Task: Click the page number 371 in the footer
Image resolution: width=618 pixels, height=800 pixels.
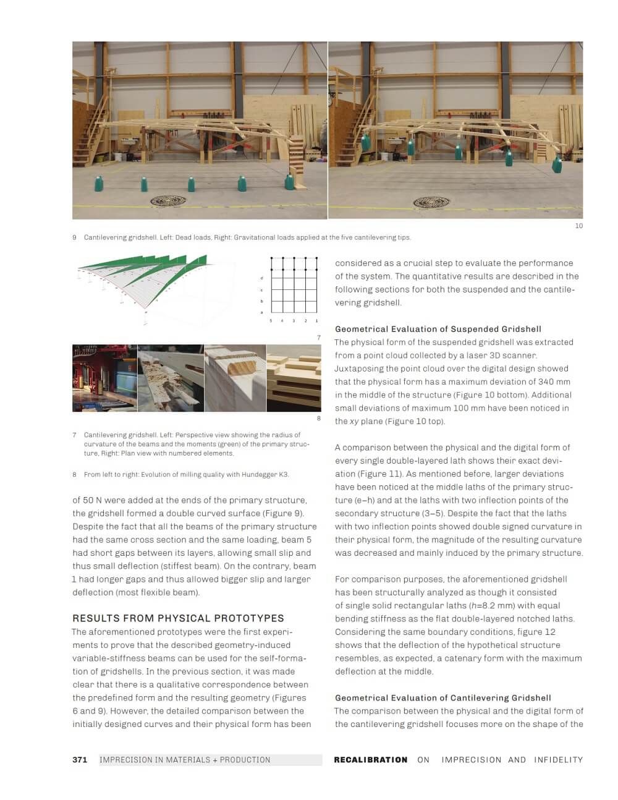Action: point(80,760)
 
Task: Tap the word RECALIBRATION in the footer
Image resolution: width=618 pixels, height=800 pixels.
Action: point(370,760)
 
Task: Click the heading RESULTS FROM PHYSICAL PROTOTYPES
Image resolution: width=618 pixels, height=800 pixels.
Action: point(178,618)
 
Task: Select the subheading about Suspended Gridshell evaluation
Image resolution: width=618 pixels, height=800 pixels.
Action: point(438,329)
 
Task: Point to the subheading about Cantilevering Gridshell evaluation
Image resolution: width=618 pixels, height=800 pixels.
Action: point(442,697)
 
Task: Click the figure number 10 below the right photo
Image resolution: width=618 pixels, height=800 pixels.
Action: point(578,226)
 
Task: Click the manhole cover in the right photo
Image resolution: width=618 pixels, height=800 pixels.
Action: point(431,202)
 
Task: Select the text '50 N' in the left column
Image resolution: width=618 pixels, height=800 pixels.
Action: point(93,500)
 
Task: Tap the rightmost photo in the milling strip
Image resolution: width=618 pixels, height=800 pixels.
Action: point(294,378)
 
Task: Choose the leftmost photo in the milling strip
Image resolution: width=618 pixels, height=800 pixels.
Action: point(104,378)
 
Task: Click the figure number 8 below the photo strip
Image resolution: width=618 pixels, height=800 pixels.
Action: point(319,419)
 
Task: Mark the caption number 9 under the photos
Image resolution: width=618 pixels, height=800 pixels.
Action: point(75,237)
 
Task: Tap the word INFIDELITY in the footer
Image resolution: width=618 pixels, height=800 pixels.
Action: point(558,760)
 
